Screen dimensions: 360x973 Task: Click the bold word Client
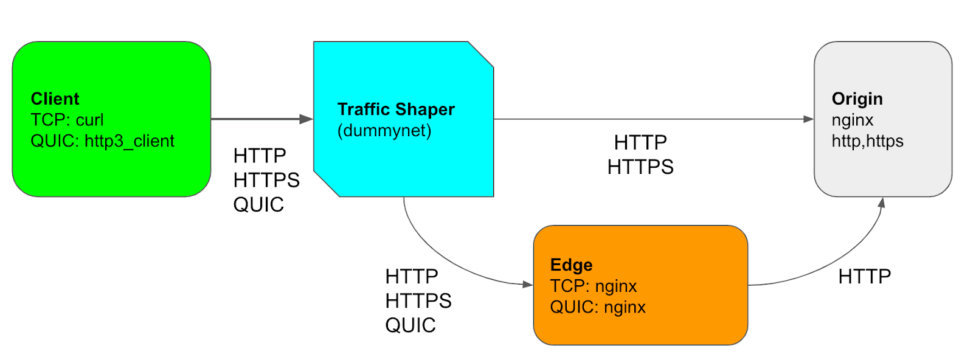point(55,99)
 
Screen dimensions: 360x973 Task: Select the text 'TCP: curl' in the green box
point(67,120)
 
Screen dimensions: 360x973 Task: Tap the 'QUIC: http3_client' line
point(102,141)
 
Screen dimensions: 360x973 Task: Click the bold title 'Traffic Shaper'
point(396,109)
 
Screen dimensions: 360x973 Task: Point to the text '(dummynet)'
point(384,131)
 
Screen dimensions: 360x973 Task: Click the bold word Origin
point(857,99)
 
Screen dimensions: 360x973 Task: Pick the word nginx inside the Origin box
point(852,120)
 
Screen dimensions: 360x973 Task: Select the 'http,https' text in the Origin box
point(867,141)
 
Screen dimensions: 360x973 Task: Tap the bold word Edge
point(571,265)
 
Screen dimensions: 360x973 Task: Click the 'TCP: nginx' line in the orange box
point(593,286)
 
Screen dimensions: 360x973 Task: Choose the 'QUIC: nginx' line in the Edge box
point(598,307)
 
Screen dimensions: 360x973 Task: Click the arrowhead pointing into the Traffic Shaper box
point(306,119)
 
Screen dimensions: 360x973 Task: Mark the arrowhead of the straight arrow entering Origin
point(808,119)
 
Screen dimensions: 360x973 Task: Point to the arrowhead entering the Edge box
point(527,284)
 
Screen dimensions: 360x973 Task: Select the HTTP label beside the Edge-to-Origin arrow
point(864,277)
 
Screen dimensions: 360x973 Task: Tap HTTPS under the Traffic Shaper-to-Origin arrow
point(640,167)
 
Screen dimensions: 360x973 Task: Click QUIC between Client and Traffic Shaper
point(258,205)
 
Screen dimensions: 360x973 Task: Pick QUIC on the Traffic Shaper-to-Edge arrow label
point(410,325)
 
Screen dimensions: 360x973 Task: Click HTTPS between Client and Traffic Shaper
point(266,181)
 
